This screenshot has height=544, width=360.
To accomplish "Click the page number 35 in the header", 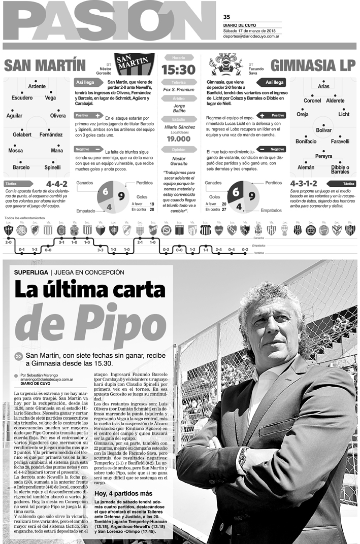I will tap(226, 16).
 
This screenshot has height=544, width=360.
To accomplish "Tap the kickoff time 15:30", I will tap(178, 70).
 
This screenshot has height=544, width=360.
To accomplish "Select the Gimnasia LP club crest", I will tap(226, 64).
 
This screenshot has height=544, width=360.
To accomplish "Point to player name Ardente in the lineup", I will tap(37, 86).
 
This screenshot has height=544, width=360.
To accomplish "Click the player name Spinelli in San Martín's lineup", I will tap(52, 167).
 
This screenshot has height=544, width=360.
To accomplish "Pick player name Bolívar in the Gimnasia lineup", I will tap(323, 130).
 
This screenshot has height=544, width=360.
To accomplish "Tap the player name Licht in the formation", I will tap(344, 114).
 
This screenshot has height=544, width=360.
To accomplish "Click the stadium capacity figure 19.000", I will tap(178, 139).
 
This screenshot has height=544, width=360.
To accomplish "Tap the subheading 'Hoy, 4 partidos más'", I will tap(123, 493).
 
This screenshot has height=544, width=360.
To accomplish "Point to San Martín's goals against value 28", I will tap(151, 209).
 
